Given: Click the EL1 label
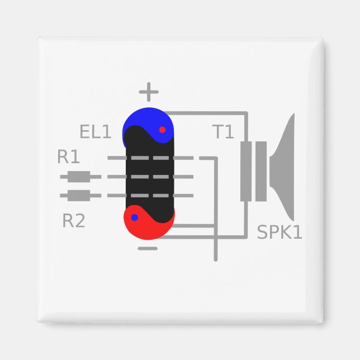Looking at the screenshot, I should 96,132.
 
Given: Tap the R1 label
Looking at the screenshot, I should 69,157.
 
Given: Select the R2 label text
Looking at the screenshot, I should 74,221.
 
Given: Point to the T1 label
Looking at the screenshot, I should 223,132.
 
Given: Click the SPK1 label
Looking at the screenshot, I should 280,232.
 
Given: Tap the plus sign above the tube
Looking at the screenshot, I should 149,91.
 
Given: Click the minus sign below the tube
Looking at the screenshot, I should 148,248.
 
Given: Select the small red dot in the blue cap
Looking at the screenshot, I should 162,129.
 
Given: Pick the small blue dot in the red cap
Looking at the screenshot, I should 134,217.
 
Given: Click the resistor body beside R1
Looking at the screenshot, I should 78,177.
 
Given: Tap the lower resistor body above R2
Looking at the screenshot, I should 78,195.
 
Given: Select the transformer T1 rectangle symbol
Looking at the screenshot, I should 253,171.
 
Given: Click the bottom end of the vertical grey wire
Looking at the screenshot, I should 215,259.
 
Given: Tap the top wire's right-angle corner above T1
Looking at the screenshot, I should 246,113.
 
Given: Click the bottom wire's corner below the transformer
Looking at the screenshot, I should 246,236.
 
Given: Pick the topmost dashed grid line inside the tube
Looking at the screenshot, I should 150,158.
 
